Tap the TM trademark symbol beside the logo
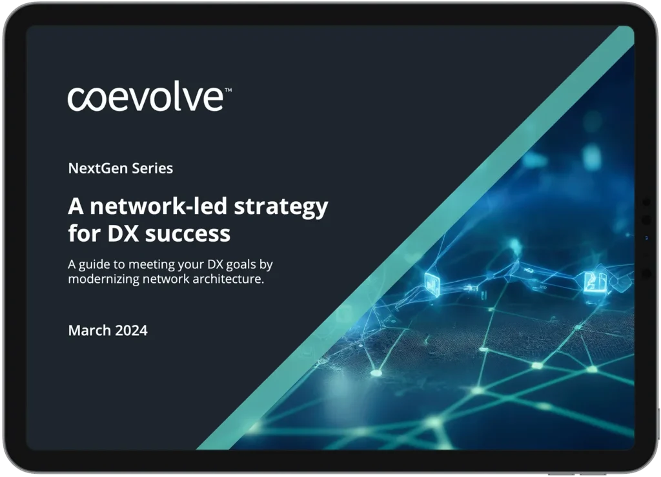228,90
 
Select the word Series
152,168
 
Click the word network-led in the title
159,206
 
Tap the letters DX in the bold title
123,233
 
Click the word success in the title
188,234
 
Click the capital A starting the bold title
76,206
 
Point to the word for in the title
85,233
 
